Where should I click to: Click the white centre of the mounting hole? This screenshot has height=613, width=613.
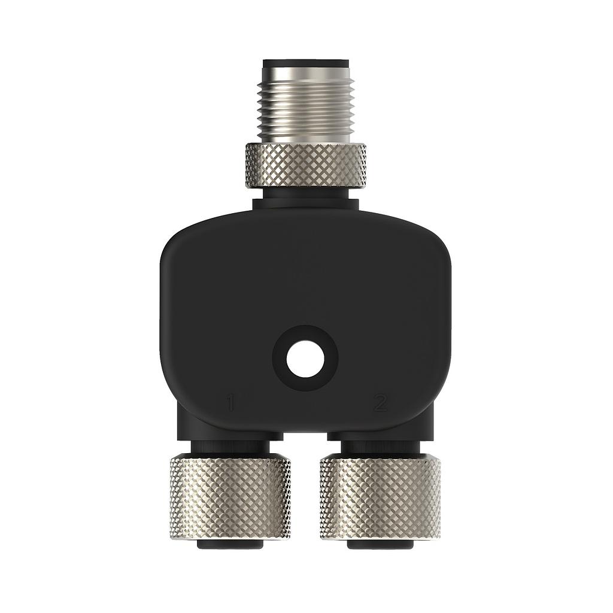coord(305,359)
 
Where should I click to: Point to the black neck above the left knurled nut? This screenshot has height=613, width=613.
coord(230,445)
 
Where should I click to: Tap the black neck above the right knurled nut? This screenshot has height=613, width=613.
coord(380,445)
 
